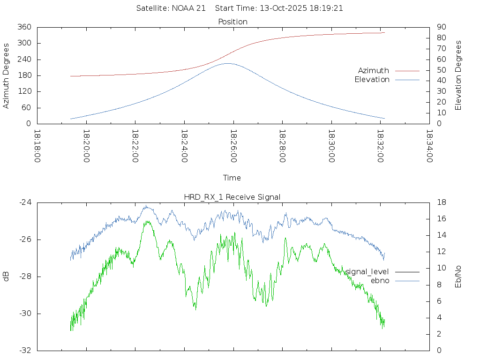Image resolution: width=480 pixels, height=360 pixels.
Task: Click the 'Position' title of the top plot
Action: pyautogui.click(x=232, y=22)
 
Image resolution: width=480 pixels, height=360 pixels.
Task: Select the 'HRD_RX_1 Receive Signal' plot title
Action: pyautogui.click(x=232, y=197)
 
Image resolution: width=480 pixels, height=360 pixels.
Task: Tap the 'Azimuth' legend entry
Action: pyautogui.click(x=374, y=70)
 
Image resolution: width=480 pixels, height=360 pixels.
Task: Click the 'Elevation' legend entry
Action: pyautogui.click(x=372, y=80)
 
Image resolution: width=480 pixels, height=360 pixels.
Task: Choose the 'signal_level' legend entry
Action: pyautogui.click(x=367, y=271)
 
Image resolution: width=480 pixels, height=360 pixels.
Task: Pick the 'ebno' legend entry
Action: pyautogui.click(x=380, y=281)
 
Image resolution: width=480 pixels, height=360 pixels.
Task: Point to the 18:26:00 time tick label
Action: pyautogui.click(x=233, y=146)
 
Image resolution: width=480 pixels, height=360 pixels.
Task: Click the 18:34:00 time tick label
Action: pyautogui.click(x=429, y=146)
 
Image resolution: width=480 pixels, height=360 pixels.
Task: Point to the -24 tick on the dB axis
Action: pyautogui.click(x=25, y=202)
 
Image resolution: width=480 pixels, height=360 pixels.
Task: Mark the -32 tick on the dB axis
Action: pyautogui.click(x=25, y=350)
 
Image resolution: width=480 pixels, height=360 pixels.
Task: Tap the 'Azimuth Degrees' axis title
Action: pyautogui.click(x=7, y=75)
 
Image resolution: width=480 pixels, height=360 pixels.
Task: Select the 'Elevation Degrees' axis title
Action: pyautogui.click(x=458, y=75)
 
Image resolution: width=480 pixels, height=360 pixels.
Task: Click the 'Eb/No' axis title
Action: pyautogui.click(x=458, y=277)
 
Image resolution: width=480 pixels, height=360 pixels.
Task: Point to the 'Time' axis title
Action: pyautogui.click(x=232, y=178)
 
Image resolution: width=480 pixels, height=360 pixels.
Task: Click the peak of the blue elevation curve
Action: pyautogui.click(x=227, y=63)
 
